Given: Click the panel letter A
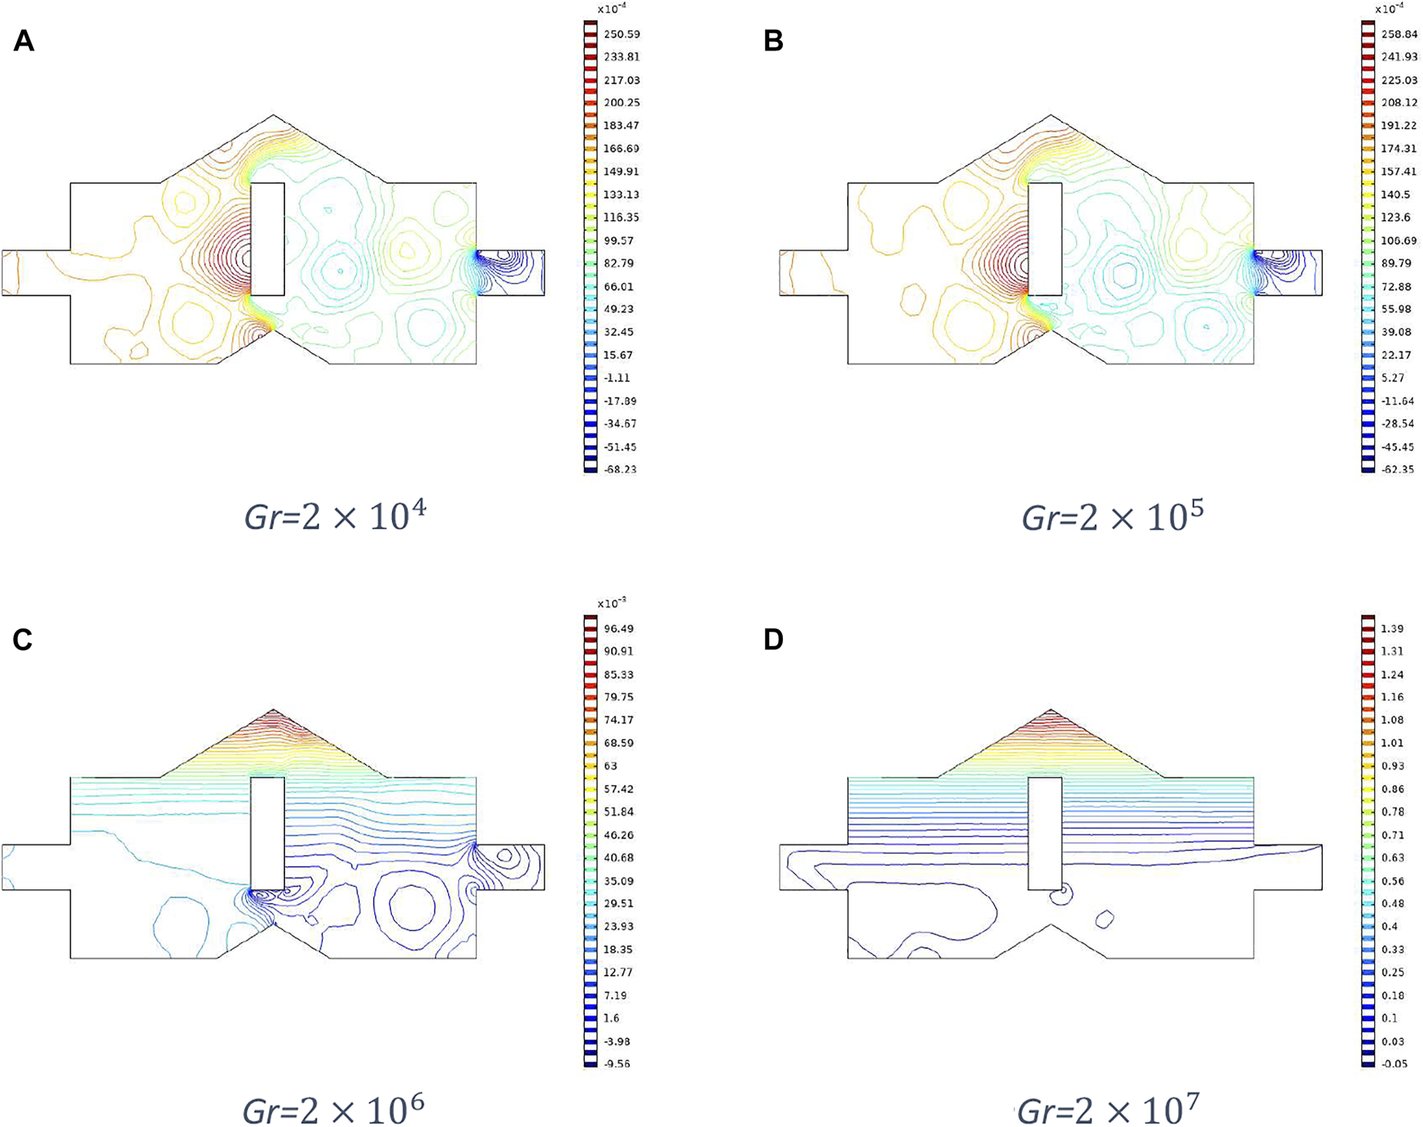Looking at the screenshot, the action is point(24,40).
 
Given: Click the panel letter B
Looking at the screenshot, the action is point(773,40).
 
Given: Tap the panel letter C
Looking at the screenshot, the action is point(22,639).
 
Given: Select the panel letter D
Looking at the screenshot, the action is point(773,639).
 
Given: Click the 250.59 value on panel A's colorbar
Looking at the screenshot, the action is point(622,35).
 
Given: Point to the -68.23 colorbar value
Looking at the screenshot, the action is point(620,470).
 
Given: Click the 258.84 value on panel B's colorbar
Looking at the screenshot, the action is point(1399,35).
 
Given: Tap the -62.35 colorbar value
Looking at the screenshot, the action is point(1397,470).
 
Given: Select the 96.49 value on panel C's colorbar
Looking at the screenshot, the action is point(618,629).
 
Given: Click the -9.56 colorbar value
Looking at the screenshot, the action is point(618,1064).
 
